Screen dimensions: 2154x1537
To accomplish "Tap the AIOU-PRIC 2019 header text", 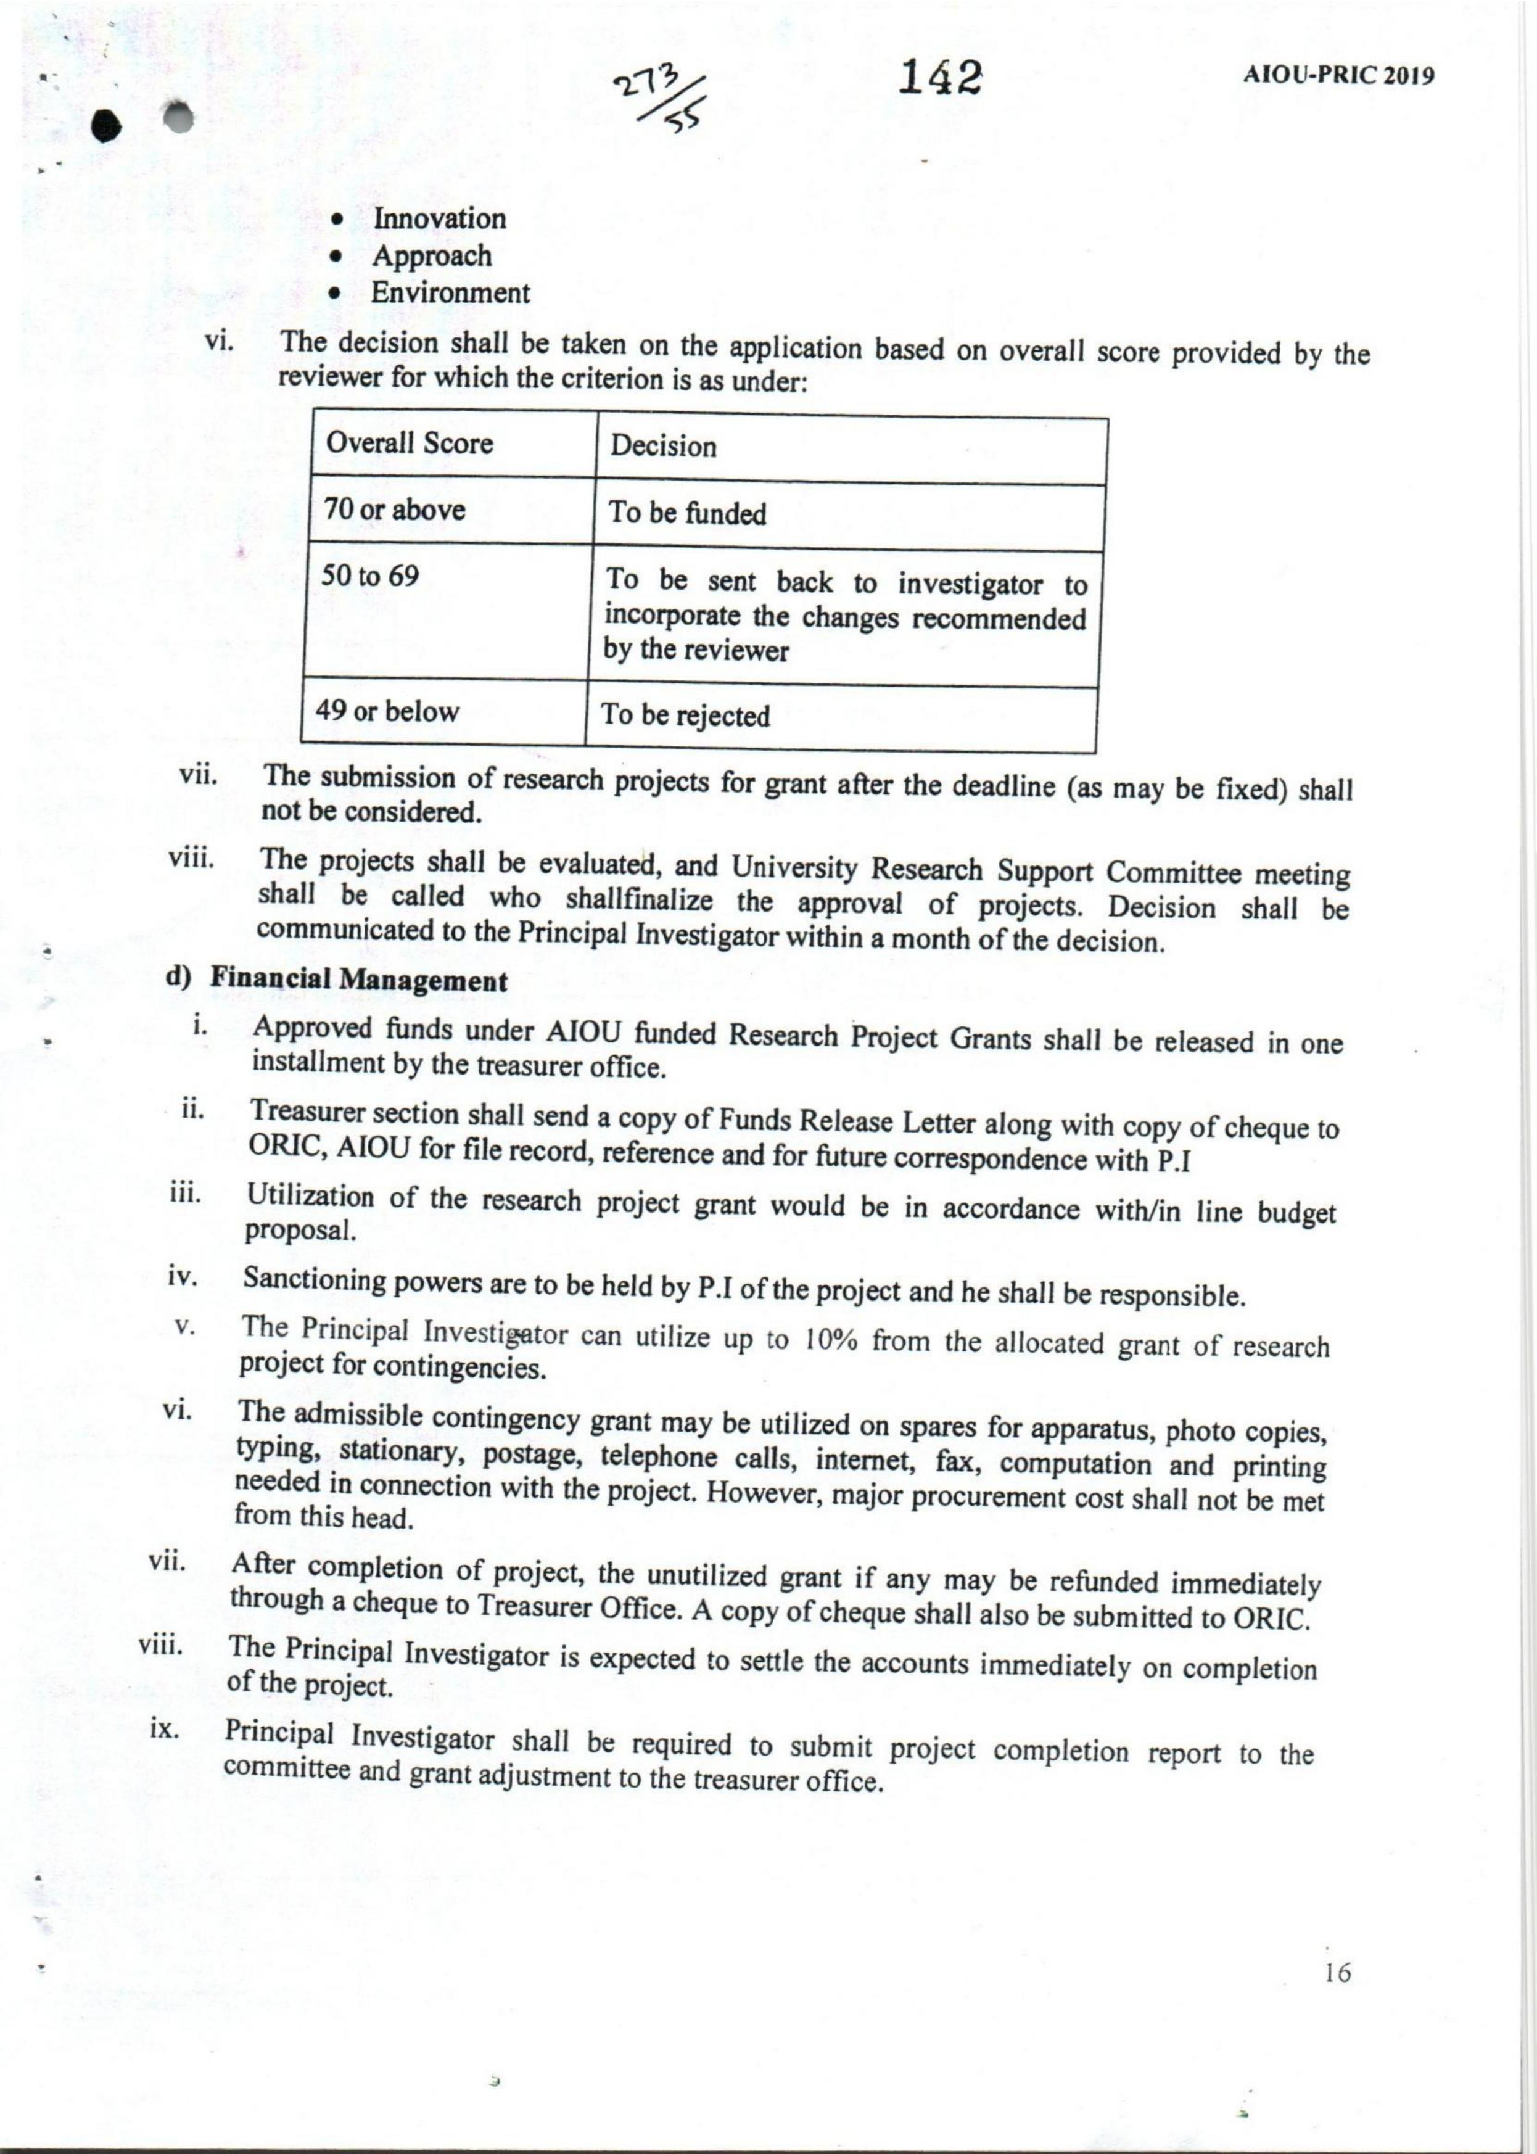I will tap(1338, 76).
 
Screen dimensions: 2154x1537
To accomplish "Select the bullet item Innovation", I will tap(439, 218).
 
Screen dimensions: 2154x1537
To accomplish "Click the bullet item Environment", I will tap(450, 292).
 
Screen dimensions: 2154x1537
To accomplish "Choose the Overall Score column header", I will tap(409, 443).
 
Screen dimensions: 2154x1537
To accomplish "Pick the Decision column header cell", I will tap(662, 446).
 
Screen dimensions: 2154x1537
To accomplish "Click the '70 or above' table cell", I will tap(395, 510).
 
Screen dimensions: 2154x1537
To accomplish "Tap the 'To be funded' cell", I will tap(687, 514).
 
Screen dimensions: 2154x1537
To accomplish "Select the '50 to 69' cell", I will tap(370, 576).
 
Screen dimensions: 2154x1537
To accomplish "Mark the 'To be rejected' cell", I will tap(685, 716).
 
